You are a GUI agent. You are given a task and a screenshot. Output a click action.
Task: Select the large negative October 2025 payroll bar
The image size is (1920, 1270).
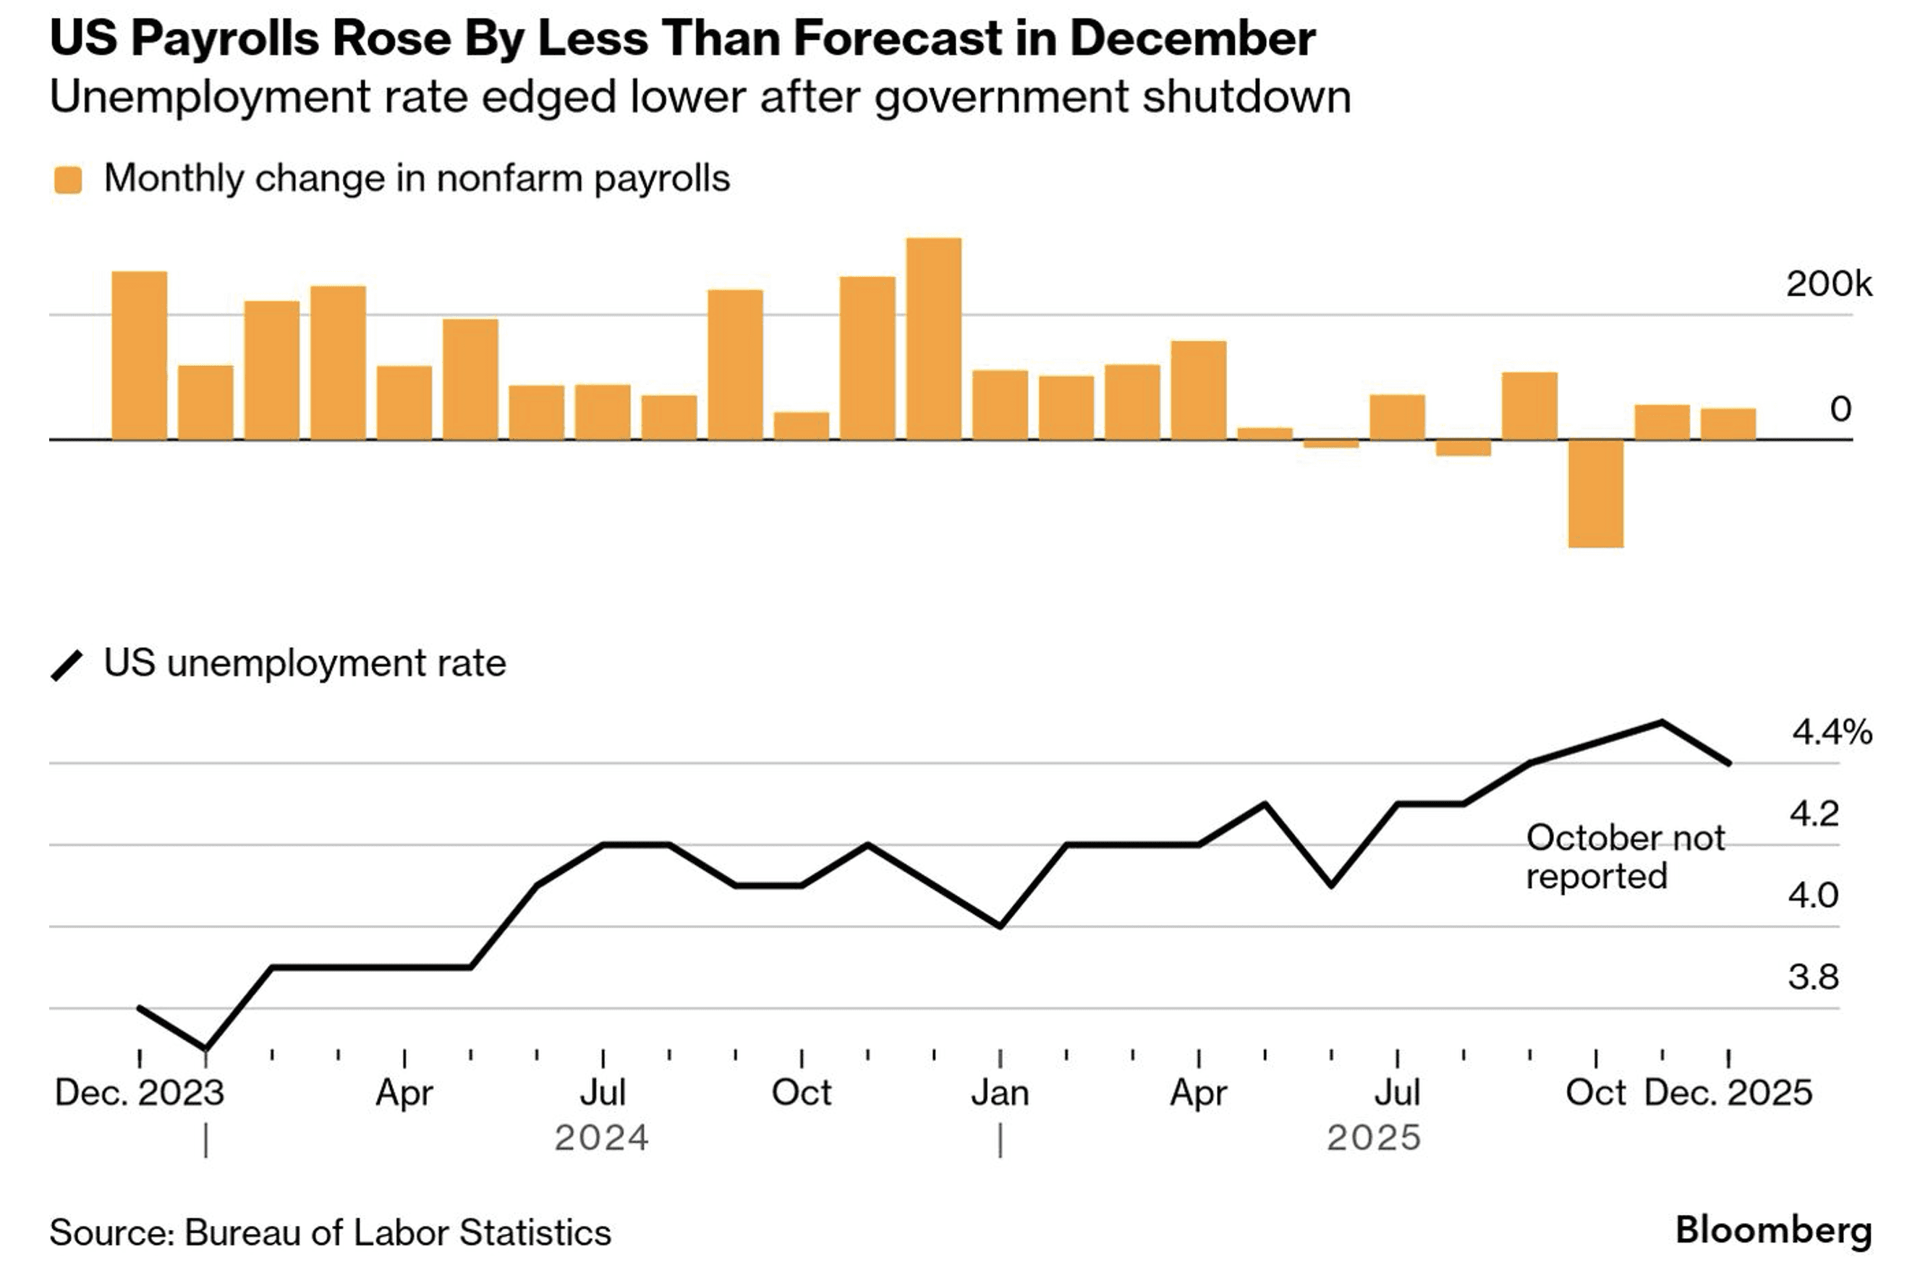[x=1595, y=493]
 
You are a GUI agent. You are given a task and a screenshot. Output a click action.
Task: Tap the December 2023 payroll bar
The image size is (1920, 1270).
[x=140, y=356]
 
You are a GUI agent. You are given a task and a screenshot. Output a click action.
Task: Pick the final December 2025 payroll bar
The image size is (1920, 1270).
[x=1728, y=425]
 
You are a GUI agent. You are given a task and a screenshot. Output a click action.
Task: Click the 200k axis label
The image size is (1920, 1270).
[x=1828, y=284]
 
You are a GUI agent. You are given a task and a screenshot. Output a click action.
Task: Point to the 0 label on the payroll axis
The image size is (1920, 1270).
[x=1840, y=409]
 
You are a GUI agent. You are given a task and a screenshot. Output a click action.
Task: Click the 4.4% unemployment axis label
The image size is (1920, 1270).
[x=1832, y=732]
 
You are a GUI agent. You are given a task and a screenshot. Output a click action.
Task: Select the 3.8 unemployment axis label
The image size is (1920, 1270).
[x=1813, y=977]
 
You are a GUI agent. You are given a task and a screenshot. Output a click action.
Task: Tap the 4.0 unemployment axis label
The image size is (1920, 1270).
[x=1813, y=895]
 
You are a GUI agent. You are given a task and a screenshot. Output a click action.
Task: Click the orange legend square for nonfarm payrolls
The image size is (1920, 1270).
[x=68, y=180]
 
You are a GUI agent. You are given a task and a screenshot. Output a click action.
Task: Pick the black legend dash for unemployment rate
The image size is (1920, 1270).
[x=67, y=666]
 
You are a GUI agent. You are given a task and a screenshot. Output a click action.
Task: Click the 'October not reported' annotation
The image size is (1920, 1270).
[x=1624, y=857]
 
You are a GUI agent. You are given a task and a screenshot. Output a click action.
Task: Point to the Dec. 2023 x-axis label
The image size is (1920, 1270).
[x=140, y=1093]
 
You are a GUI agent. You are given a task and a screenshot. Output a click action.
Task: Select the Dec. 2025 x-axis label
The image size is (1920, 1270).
[x=1728, y=1093]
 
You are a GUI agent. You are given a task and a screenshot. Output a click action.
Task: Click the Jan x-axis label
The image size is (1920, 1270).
[x=1001, y=1093]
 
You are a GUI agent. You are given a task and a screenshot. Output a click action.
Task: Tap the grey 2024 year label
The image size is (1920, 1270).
[x=602, y=1138]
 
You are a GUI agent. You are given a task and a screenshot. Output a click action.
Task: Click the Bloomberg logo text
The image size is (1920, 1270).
[x=1773, y=1229]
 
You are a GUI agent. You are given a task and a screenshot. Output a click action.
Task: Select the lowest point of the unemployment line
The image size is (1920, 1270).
[x=205, y=1049]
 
